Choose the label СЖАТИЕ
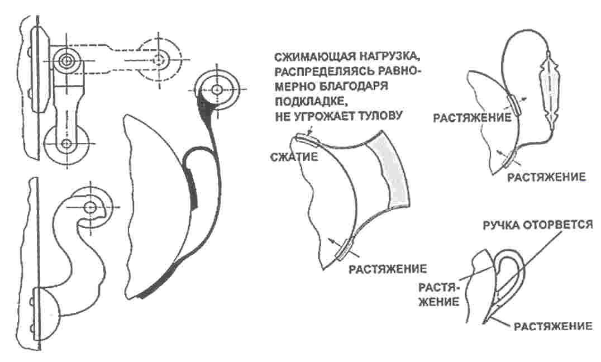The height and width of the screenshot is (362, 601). [x=294, y=157]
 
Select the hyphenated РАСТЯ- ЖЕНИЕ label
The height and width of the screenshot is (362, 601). [x=439, y=294]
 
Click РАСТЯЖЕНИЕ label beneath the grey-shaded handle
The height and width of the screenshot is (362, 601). [x=388, y=269]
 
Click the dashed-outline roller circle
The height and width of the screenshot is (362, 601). [x=159, y=59]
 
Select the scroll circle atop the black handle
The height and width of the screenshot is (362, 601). [x=217, y=89]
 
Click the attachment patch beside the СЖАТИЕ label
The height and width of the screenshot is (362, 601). [x=307, y=140]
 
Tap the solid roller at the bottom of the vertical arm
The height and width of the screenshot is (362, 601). [x=66, y=144]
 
